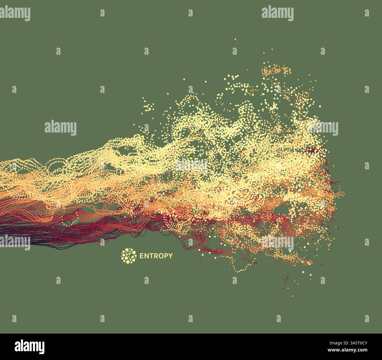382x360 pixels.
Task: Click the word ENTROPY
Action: (156, 256)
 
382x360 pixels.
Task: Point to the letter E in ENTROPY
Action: (141, 256)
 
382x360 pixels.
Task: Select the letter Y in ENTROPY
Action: (170, 256)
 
